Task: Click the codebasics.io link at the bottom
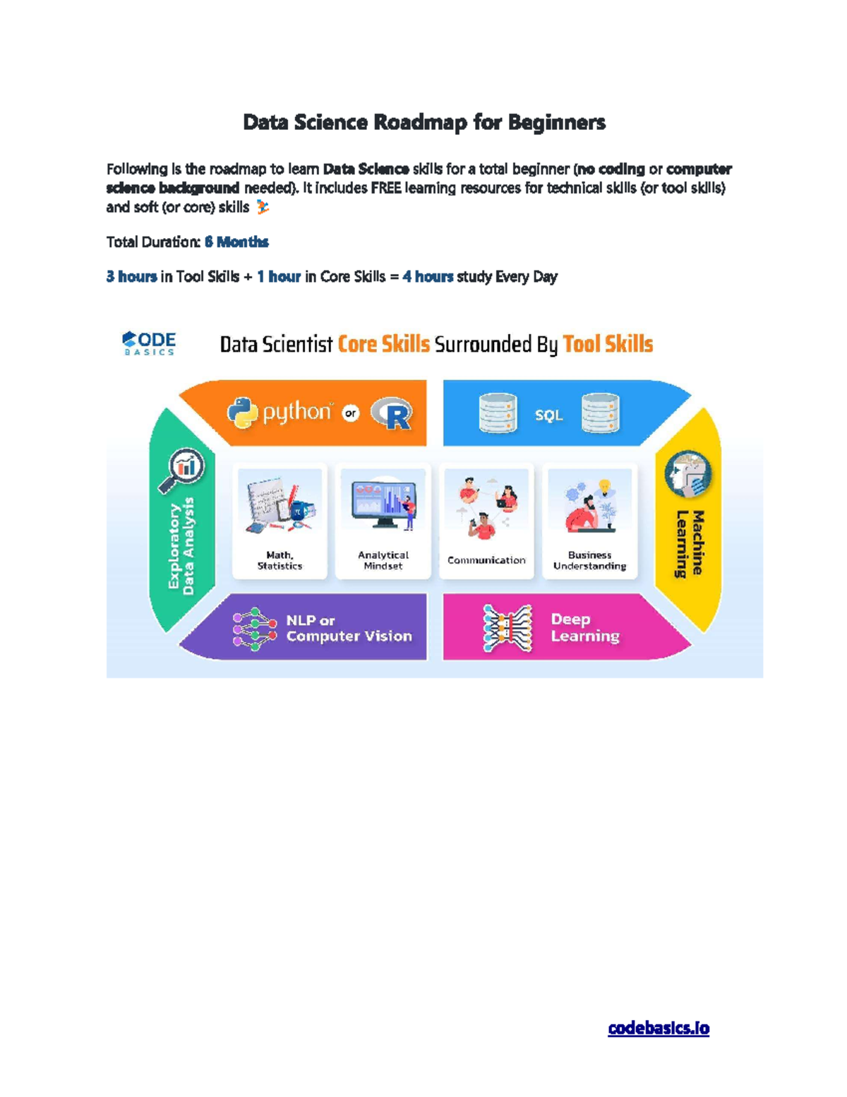658,1028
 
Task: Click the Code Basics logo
149,343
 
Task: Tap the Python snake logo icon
242,413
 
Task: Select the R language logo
392,414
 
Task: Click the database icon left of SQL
497,413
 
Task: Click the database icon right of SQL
600,413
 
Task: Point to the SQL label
548,415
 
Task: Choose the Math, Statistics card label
280,560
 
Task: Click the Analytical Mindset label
383,560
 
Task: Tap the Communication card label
486,560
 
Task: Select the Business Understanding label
589,560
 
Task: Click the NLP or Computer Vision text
348,628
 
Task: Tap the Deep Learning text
584,627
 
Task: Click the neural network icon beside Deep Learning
506,628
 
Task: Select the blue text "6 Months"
236,242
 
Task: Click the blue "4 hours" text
428,277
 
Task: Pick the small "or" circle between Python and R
351,413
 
